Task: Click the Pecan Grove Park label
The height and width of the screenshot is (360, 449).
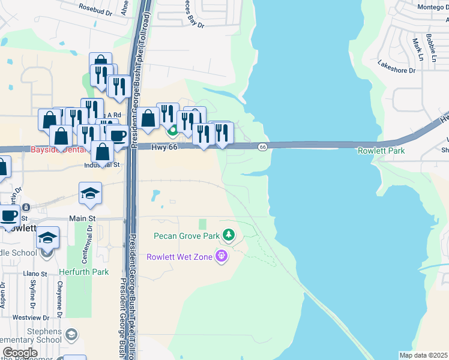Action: (x=187, y=236)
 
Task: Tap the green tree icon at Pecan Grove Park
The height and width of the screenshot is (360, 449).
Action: (x=228, y=234)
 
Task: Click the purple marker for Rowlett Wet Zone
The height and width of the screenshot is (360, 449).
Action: (x=222, y=256)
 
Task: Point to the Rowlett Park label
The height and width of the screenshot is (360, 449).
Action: (x=381, y=151)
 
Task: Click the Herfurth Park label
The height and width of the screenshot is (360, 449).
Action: (x=84, y=272)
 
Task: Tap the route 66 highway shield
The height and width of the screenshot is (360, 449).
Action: (x=262, y=147)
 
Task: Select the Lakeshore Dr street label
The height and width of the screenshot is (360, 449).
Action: (x=396, y=65)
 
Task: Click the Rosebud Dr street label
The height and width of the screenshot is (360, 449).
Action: (x=95, y=10)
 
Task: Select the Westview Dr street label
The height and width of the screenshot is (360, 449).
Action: (x=29, y=317)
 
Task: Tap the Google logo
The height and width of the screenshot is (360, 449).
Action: (x=20, y=352)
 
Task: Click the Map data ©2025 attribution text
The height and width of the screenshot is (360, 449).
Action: (x=423, y=355)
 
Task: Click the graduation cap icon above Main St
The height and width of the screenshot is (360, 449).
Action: (x=90, y=193)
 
